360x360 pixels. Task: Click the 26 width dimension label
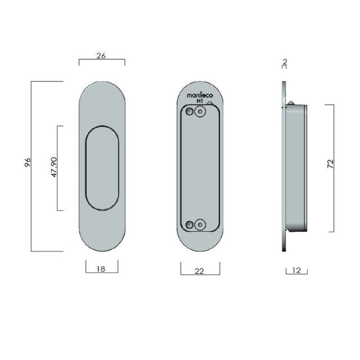pos(101,56)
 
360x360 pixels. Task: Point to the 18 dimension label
pos(101,269)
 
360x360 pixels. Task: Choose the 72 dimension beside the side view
pos(330,164)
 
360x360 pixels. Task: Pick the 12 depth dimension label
pos(297,271)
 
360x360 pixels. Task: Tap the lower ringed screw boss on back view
pos(199,224)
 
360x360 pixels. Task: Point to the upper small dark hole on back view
pos(190,114)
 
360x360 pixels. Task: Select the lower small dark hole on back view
pos(190,224)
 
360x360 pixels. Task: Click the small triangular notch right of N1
pos(210,103)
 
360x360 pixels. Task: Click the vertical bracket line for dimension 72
pos(335,167)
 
